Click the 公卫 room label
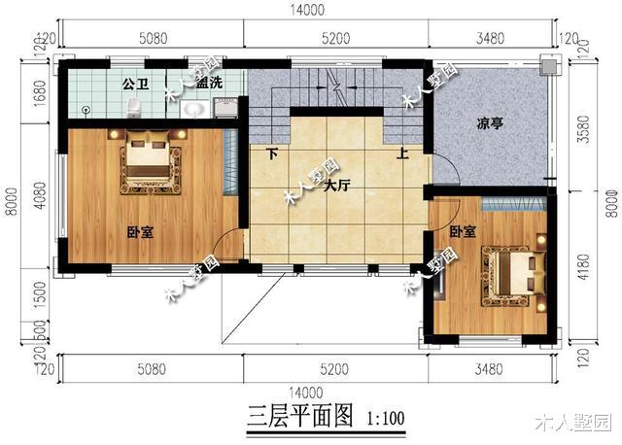click(x=134, y=83)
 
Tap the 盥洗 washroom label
click(x=208, y=83)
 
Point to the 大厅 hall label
click(x=337, y=185)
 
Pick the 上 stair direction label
click(x=402, y=154)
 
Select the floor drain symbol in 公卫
click(x=86, y=109)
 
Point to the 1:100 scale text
click(x=386, y=420)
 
